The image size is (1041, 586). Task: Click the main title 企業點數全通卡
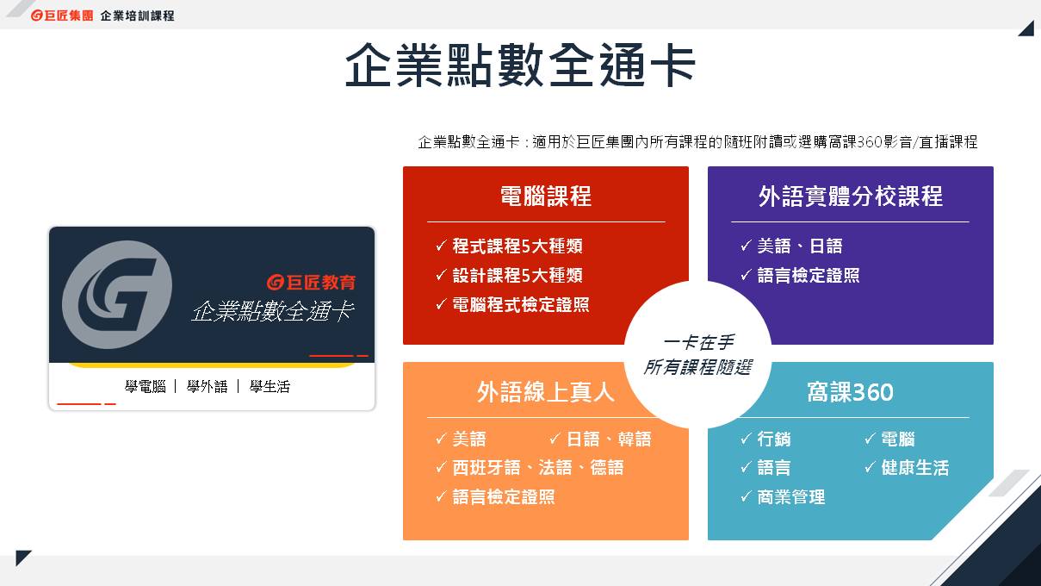pyautogui.click(x=520, y=65)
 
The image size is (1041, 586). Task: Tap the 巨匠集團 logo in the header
pyautogui.click(x=62, y=16)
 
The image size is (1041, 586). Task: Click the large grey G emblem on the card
pyautogui.click(x=117, y=295)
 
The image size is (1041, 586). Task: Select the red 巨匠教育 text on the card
pyautogui.click(x=312, y=282)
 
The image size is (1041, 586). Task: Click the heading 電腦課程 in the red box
pyautogui.click(x=546, y=196)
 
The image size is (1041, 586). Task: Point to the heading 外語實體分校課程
pyautogui.click(x=851, y=196)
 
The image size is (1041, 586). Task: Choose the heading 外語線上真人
pyautogui.click(x=546, y=392)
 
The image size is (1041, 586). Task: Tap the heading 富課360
pyautogui.click(x=850, y=392)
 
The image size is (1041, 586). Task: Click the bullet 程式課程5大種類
pyautogui.click(x=517, y=246)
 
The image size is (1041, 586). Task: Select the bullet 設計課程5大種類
pyautogui.click(x=517, y=275)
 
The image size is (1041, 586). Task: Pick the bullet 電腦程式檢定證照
pyautogui.click(x=521, y=304)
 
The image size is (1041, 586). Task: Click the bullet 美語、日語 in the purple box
pyautogui.click(x=800, y=246)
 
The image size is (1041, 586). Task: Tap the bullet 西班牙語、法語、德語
pyautogui.click(x=537, y=467)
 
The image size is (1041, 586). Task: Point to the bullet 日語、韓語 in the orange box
pyautogui.click(x=609, y=439)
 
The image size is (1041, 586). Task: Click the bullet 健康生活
pyautogui.click(x=915, y=467)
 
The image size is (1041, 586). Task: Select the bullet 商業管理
pyautogui.click(x=791, y=496)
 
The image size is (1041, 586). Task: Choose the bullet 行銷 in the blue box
pyautogui.click(x=774, y=439)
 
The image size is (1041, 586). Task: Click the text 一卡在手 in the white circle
pyautogui.click(x=698, y=343)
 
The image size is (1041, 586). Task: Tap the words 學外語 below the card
pyautogui.click(x=207, y=386)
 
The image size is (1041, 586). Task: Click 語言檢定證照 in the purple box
pyautogui.click(x=809, y=275)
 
